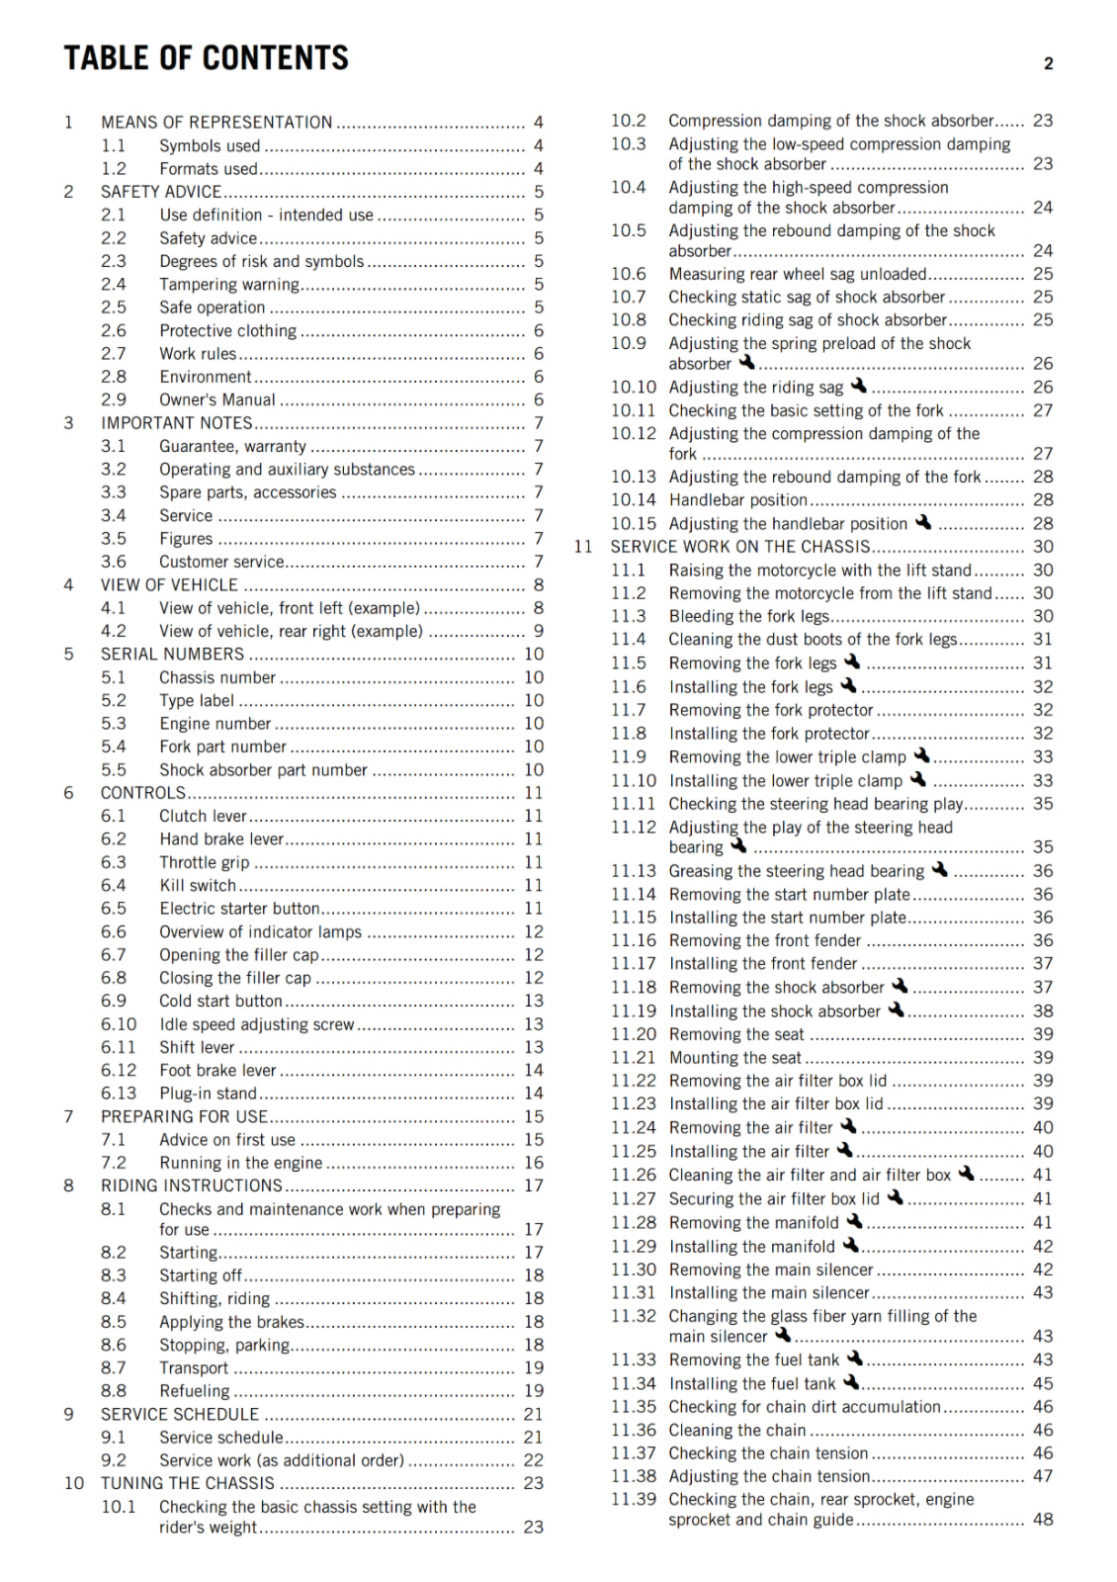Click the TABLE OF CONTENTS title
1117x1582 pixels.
pos(206,58)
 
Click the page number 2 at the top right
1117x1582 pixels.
pos(1048,64)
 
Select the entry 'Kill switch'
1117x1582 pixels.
pos(198,886)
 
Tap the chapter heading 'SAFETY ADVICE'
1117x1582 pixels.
pos(161,192)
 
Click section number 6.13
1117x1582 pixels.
pos(119,1094)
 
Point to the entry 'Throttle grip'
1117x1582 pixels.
pos(204,863)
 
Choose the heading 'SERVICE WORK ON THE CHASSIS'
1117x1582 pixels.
pos(739,547)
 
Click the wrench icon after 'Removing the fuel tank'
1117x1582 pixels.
pos(855,1360)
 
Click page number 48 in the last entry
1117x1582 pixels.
pos(1043,1520)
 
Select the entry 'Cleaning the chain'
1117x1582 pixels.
pos(737,1431)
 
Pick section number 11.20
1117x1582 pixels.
pos(633,1034)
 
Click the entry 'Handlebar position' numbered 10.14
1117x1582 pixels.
pos(737,500)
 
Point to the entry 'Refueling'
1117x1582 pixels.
pos(194,1391)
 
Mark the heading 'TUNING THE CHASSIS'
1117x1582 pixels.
pos(187,1483)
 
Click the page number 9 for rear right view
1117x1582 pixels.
pos(539,631)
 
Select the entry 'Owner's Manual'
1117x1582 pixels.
pos(217,400)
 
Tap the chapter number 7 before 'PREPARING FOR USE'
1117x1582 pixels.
pos(68,1116)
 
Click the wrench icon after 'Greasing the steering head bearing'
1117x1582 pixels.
pos(939,870)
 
